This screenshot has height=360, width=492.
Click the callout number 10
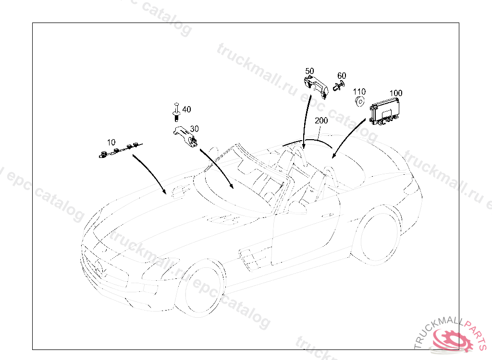click(x=111, y=142)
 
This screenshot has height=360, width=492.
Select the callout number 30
click(x=194, y=129)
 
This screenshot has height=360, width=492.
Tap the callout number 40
click(x=186, y=109)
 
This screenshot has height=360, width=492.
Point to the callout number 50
click(x=309, y=71)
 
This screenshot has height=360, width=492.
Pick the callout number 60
click(x=342, y=76)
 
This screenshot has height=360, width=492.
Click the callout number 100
click(x=396, y=93)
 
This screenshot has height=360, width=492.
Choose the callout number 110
click(x=359, y=91)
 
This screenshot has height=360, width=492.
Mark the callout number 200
click(x=321, y=121)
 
